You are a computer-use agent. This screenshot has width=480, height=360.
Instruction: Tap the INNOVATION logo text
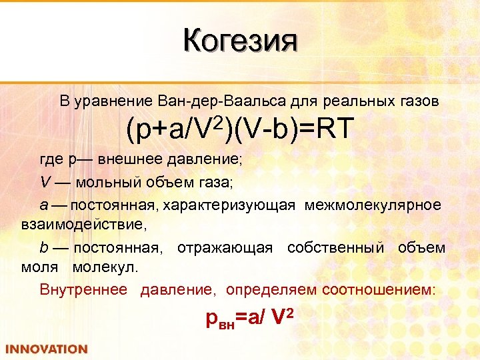47,349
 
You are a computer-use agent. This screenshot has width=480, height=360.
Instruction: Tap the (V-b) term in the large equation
263,130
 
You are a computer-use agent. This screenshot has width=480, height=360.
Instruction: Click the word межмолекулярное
373,205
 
